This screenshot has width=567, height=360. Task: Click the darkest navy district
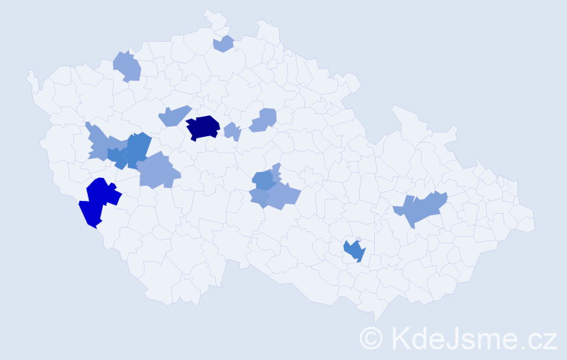(x=203, y=127)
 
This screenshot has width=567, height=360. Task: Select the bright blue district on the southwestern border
(x=99, y=201)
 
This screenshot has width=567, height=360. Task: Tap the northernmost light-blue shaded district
(x=224, y=43)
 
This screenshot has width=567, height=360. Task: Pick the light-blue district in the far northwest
(x=127, y=66)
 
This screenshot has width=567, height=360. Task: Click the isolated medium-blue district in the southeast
(x=355, y=251)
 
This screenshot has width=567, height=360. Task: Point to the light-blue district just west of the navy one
(x=173, y=115)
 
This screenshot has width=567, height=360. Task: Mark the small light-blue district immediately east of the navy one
(x=232, y=132)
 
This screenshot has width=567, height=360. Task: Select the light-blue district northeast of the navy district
(x=264, y=120)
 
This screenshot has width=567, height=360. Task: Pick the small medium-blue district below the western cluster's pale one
(x=117, y=157)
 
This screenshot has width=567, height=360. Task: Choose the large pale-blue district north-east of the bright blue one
(x=157, y=172)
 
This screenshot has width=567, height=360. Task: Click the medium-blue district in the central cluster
(x=264, y=180)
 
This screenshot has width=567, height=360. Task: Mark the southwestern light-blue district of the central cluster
(x=259, y=197)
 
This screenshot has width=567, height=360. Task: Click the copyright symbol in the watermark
(x=371, y=338)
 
